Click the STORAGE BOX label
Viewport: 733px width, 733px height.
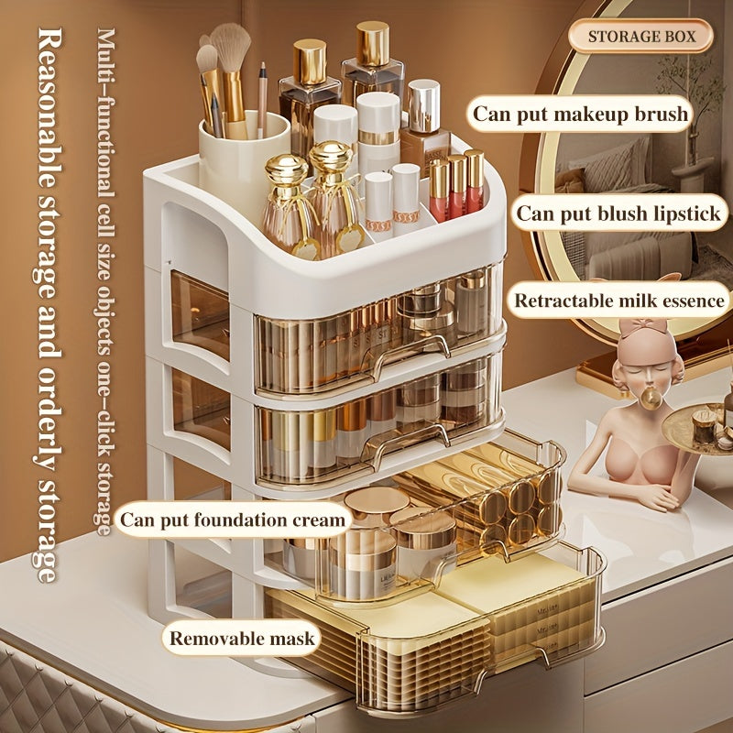click(x=640, y=36)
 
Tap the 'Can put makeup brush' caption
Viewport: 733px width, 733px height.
click(x=580, y=114)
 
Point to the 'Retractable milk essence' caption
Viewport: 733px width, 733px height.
click(x=619, y=301)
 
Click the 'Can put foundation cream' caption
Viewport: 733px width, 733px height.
click(x=233, y=520)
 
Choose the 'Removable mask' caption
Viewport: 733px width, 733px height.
click(x=242, y=638)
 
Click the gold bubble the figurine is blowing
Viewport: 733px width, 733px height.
click(x=651, y=399)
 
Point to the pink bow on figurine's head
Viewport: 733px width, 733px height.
click(x=643, y=326)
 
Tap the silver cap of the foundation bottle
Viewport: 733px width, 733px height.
click(x=423, y=106)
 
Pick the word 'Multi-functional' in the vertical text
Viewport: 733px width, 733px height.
click(x=105, y=112)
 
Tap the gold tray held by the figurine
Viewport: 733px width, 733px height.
click(x=696, y=429)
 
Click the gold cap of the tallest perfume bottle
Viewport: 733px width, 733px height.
click(x=373, y=42)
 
